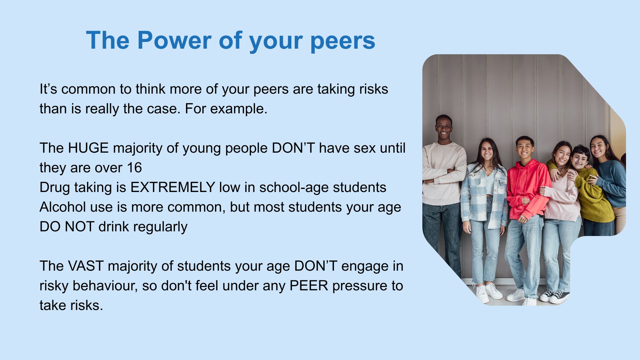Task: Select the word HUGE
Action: point(88,148)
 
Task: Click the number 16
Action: point(134,168)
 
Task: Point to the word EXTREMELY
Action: point(172,187)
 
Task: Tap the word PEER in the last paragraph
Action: point(309,286)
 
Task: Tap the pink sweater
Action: point(563,200)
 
